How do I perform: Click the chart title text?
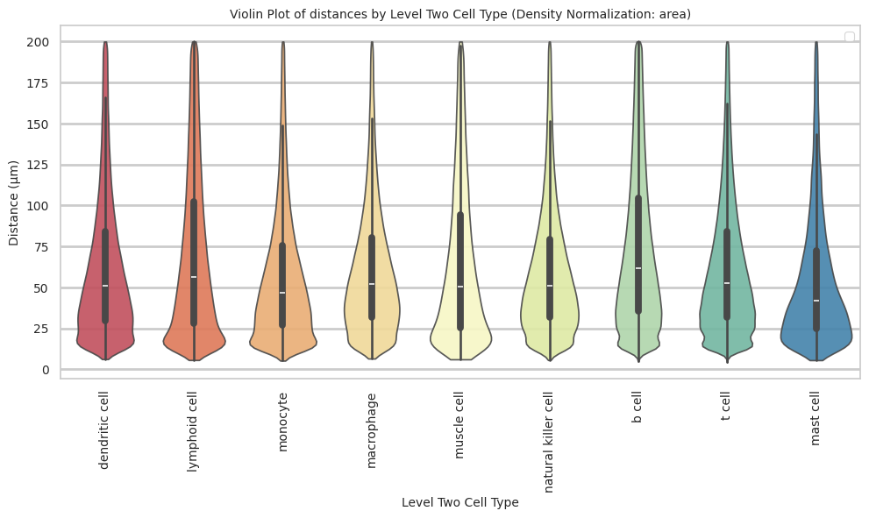pyautogui.click(x=459, y=14)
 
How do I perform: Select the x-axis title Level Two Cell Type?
pyautogui.click(x=459, y=502)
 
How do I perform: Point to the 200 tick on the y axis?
pyautogui.click(x=42, y=42)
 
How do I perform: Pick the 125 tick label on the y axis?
pyautogui.click(x=42, y=165)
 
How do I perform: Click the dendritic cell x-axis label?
pyautogui.click(x=104, y=430)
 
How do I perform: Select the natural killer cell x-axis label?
pyautogui.click(x=549, y=443)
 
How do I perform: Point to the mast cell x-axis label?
pyautogui.click(x=816, y=419)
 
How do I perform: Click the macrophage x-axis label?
pyautogui.click(x=371, y=429)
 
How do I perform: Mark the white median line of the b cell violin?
pyautogui.click(x=638, y=268)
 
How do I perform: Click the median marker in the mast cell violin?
pyautogui.click(x=816, y=301)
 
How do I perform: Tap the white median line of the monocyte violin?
pyautogui.click(x=282, y=293)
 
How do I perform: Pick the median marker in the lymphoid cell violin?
pyautogui.click(x=194, y=277)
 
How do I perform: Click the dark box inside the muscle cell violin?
pyautogui.click(x=460, y=263)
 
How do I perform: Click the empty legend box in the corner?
pyautogui.click(x=849, y=36)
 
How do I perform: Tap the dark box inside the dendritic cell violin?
pyautogui.click(x=105, y=263)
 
